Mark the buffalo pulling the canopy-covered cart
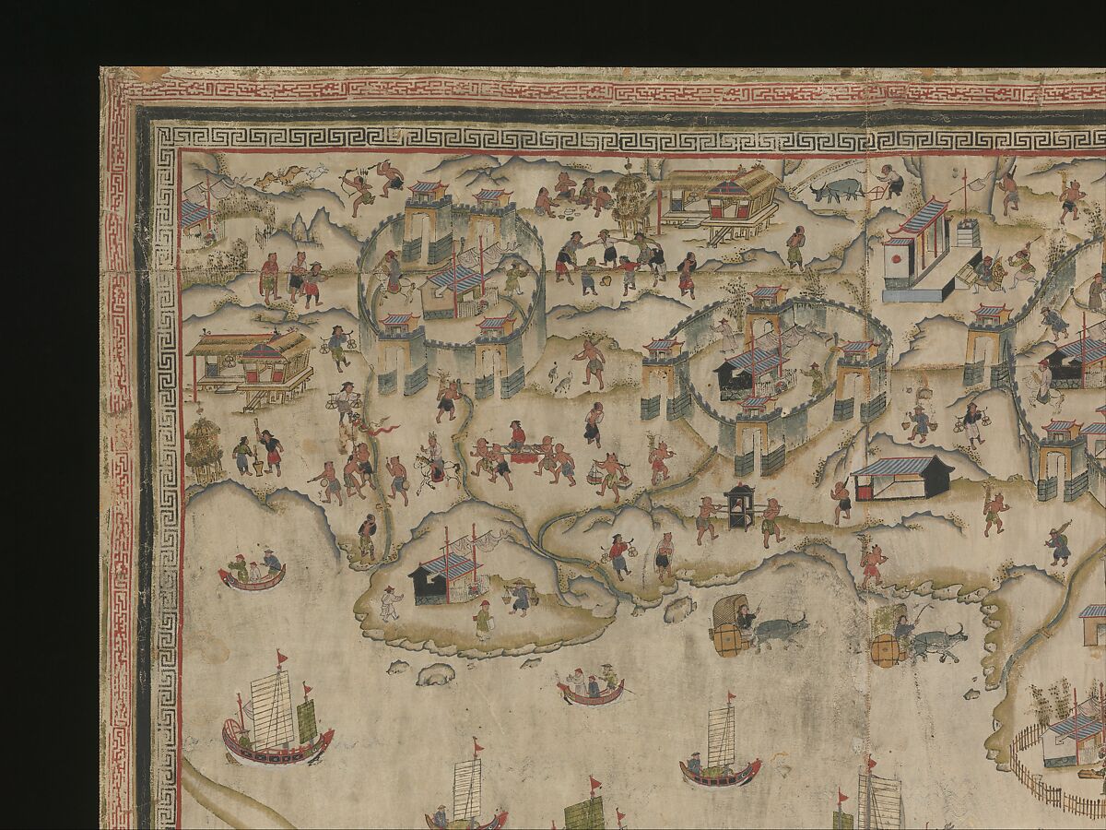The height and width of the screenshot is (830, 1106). click(780, 632)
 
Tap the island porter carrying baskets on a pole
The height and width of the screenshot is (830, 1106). click(520, 597)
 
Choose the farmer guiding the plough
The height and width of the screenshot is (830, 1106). click(888, 180)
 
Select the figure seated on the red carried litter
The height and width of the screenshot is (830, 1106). click(518, 435)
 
